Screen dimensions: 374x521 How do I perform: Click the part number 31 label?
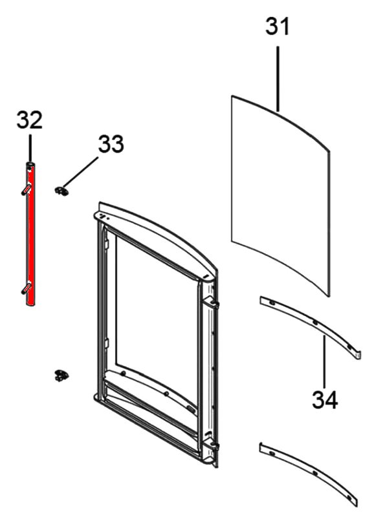278,27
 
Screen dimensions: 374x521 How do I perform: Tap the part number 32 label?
30,120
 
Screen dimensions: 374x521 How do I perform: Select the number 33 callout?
111,144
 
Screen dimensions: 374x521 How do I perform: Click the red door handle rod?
30,233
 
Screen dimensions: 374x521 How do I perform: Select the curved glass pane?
281,196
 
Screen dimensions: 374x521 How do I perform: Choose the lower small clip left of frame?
61,376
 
